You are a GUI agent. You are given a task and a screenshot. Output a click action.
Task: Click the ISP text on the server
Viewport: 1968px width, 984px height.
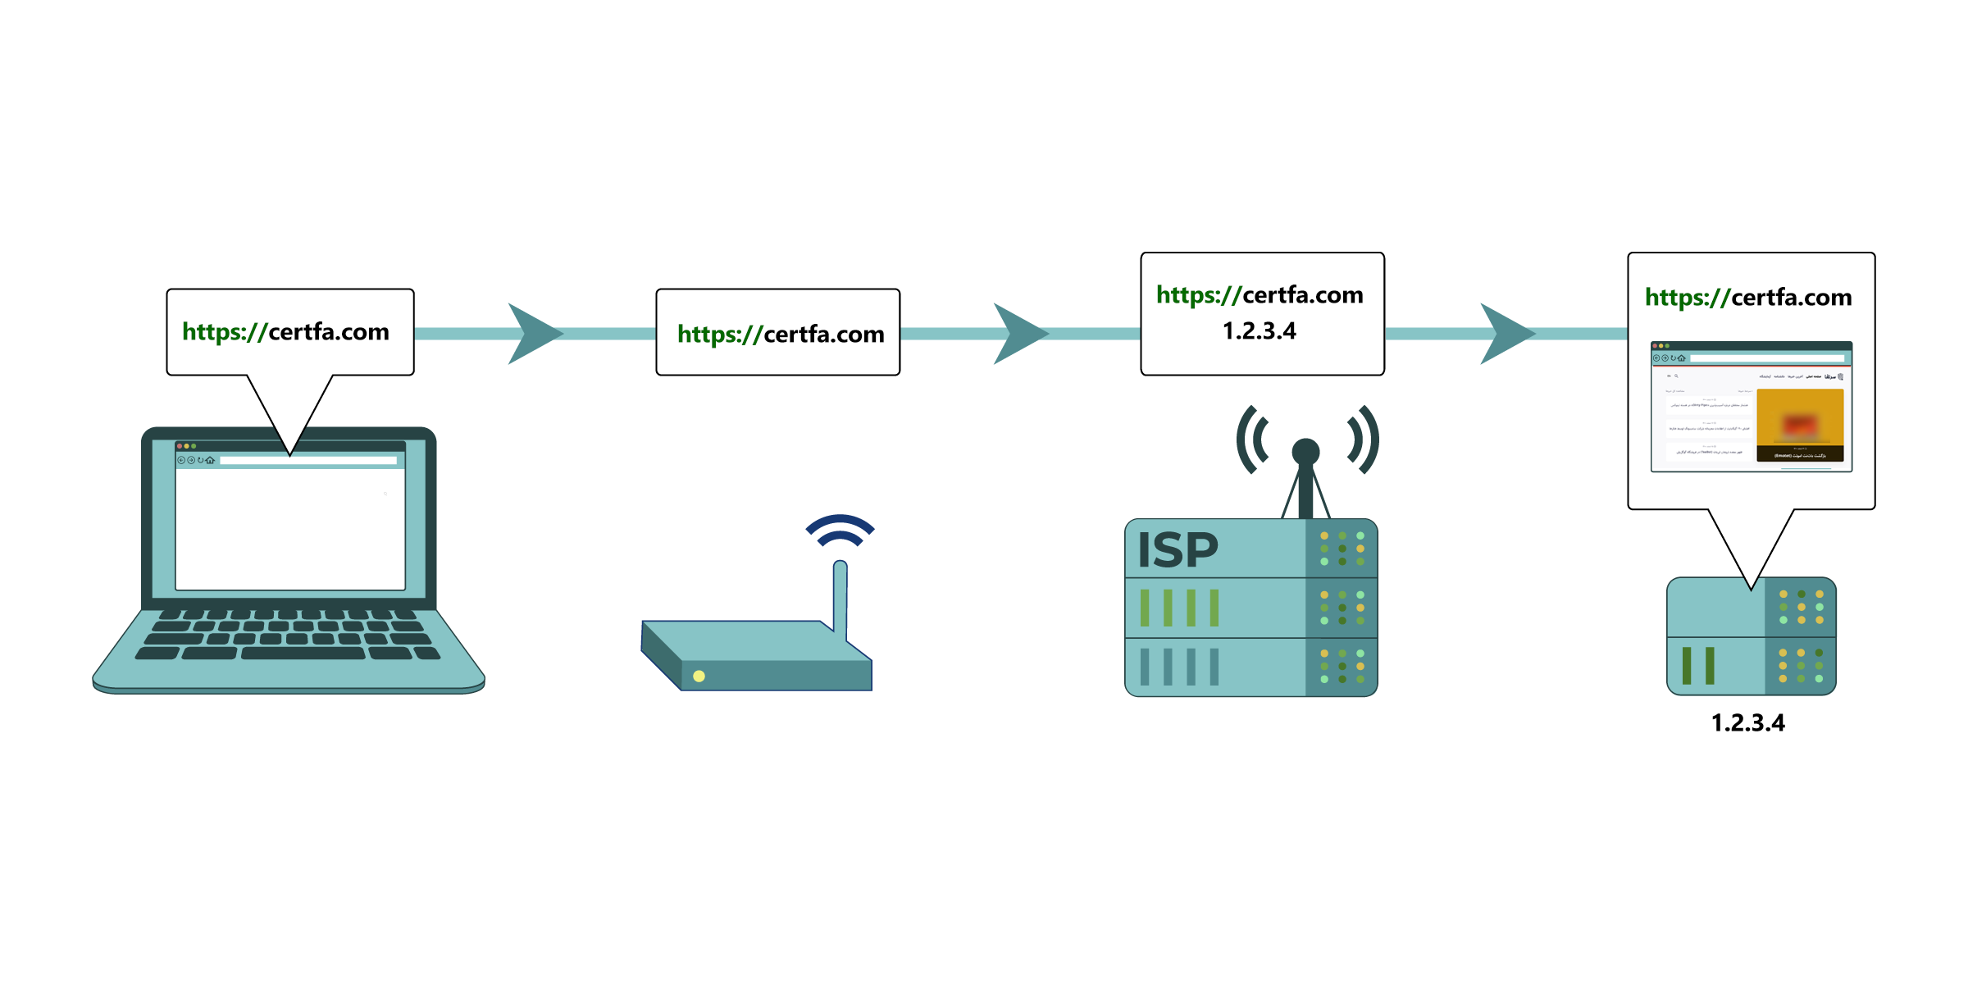(x=1178, y=550)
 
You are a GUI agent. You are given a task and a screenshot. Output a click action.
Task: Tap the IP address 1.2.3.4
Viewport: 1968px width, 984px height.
(x=1260, y=331)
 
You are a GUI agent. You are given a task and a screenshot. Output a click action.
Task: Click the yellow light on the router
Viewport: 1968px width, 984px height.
(x=699, y=676)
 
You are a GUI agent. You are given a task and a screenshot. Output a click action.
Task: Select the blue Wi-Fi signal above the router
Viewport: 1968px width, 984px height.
(x=840, y=530)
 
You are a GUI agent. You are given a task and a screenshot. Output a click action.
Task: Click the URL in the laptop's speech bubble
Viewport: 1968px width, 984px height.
(x=285, y=332)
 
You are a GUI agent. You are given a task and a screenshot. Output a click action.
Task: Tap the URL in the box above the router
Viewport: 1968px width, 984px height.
(x=781, y=335)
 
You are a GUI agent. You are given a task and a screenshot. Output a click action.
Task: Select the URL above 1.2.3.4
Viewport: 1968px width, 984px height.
(x=1260, y=295)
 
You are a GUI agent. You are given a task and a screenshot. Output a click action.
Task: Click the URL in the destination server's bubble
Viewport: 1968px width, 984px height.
(x=1748, y=298)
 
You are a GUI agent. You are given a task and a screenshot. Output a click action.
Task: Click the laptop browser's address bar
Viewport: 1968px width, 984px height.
(x=308, y=461)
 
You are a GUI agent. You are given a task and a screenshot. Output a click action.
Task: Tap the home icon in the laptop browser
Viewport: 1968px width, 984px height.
(x=210, y=460)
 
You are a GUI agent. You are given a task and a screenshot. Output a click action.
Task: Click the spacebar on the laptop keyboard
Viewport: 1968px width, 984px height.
(x=303, y=654)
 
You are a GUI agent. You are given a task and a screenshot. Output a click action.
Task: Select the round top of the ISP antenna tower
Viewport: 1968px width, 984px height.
(x=1305, y=451)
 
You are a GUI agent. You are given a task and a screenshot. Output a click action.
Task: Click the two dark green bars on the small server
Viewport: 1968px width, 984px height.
(x=1698, y=665)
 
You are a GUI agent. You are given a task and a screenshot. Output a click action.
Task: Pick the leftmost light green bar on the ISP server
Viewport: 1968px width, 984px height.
(x=1146, y=608)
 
